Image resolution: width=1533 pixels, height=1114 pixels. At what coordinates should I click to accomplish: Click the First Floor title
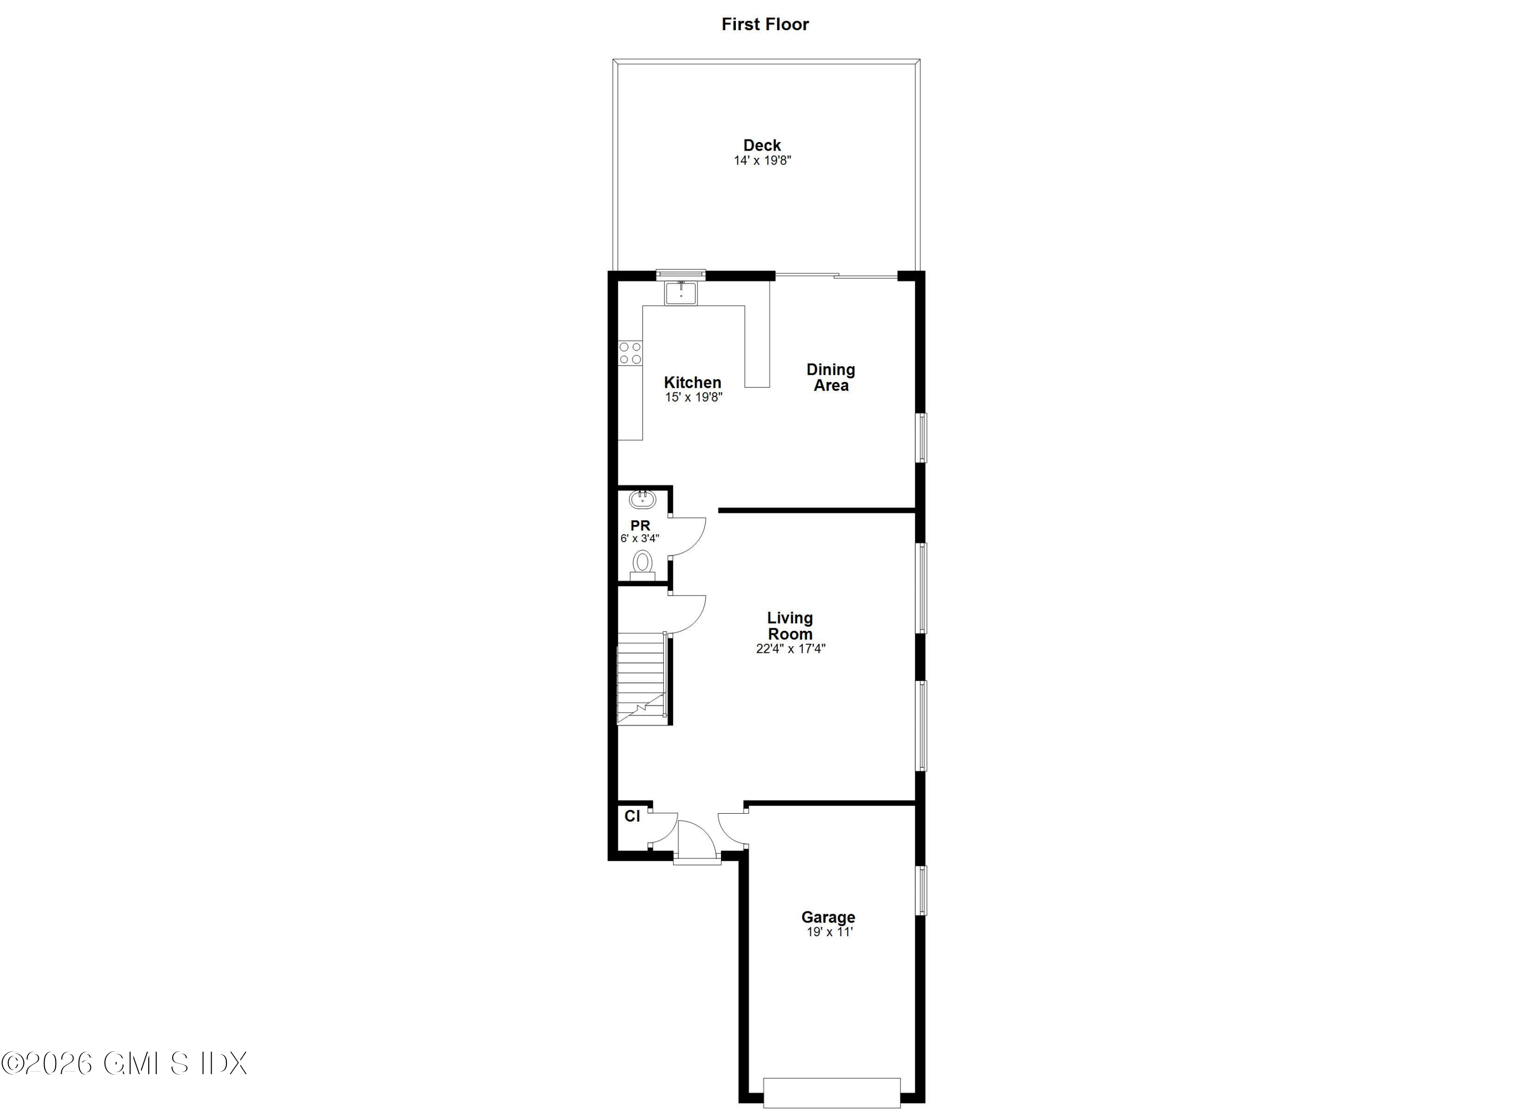pos(764,25)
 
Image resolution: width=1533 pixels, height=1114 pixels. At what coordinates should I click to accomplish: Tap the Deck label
pos(762,145)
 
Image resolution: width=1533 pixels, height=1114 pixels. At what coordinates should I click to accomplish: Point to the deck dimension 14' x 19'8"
pos(762,161)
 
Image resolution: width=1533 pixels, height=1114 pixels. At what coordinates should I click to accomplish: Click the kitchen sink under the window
pos(681,294)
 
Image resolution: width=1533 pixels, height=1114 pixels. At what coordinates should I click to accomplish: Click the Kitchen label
pos(692,383)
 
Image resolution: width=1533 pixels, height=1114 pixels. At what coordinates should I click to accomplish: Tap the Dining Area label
pos(831,377)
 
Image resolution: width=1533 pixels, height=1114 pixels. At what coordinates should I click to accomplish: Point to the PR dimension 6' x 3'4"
pos(639,538)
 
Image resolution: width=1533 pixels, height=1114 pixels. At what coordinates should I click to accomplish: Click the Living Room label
pos(789,626)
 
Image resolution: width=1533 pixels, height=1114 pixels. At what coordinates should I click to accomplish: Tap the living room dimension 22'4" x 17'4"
pos(790,649)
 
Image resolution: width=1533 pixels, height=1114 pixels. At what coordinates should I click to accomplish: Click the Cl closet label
pos(632,816)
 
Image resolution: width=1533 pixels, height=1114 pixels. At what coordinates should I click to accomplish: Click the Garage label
pos(828,917)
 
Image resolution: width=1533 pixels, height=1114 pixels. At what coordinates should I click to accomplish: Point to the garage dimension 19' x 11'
pos(829,932)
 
